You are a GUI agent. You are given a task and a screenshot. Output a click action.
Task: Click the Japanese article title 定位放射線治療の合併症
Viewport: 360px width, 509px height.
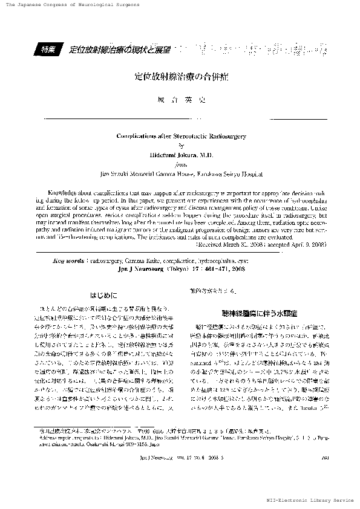pos(180,78)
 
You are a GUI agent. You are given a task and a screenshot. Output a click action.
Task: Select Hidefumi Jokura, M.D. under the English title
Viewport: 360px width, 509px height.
pos(180,155)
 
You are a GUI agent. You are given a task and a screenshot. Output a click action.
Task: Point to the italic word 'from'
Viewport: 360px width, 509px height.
pos(180,163)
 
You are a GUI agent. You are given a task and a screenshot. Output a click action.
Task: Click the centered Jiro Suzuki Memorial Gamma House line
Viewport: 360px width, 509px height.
pos(180,173)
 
